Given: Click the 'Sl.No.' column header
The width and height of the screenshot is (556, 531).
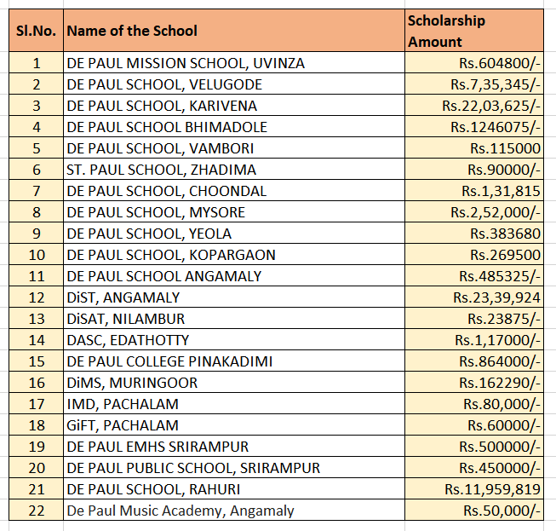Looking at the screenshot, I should click(36, 31).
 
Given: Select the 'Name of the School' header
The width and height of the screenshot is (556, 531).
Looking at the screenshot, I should click(132, 31).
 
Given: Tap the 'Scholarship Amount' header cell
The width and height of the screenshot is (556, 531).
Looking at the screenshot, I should click(446, 31).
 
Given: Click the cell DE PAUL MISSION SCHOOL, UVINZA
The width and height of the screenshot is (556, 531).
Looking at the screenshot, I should click(186, 63).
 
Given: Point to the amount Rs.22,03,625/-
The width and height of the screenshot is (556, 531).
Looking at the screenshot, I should click(491, 106).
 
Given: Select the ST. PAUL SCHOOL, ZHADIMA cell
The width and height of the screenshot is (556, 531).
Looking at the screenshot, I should click(161, 170).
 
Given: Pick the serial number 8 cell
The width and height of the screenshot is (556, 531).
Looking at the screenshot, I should click(36, 212).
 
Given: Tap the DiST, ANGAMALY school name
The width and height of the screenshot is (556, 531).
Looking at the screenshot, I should click(123, 297).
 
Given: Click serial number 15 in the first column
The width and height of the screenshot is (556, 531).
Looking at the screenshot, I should click(36, 361).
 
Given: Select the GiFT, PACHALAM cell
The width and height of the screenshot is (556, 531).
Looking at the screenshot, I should click(123, 425).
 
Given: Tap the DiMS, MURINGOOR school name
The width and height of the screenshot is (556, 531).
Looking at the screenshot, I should click(132, 383).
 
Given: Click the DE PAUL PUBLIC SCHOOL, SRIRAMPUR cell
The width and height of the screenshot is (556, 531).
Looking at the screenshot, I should click(193, 468).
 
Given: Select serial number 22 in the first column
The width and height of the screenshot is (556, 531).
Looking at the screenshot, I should click(36, 511).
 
